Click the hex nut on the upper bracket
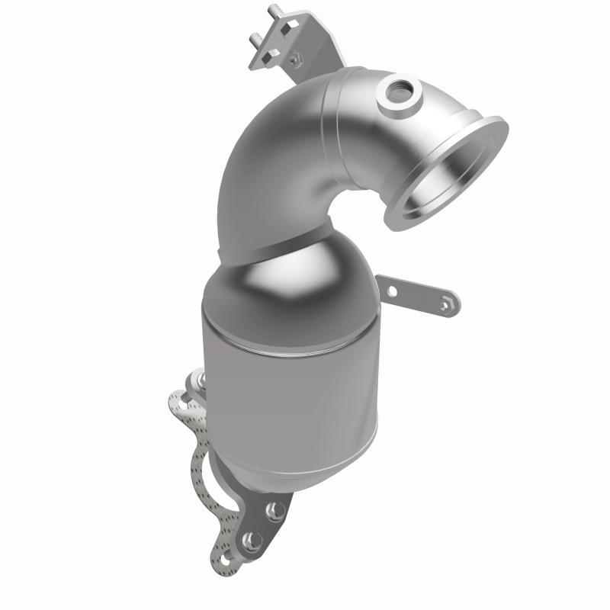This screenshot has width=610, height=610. click(x=291, y=56)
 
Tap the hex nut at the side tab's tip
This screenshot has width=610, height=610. click(x=447, y=305)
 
